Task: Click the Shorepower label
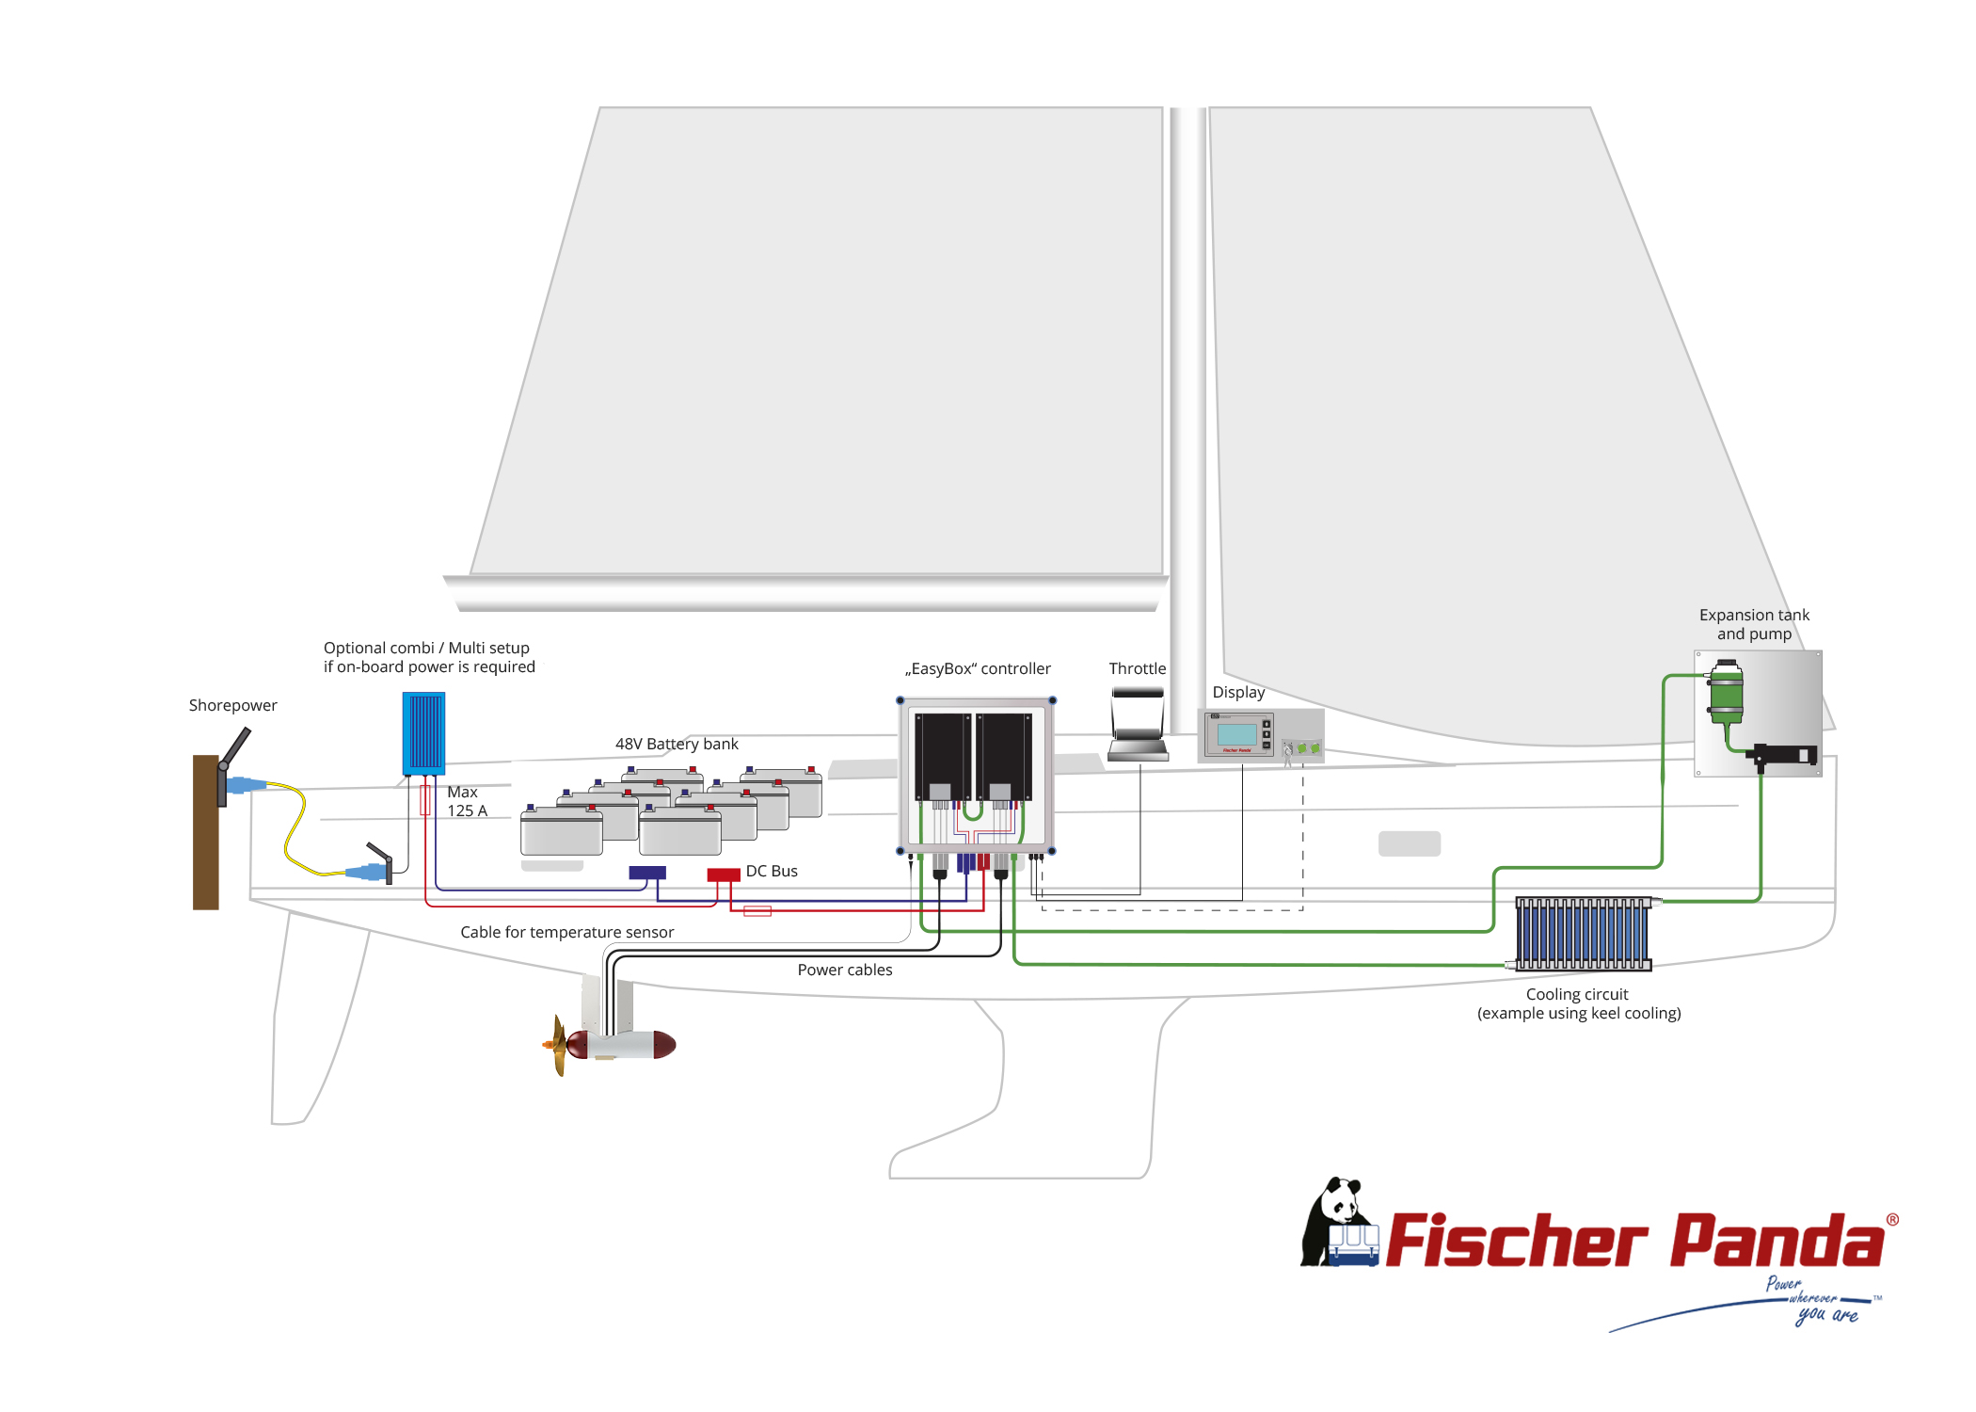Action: point(232,705)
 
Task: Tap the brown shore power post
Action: point(205,832)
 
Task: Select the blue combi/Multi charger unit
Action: point(423,733)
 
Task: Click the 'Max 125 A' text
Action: point(467,801)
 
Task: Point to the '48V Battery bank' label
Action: point(677,744)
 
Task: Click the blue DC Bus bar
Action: point(647,873)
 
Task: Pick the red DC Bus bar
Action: point(724,874)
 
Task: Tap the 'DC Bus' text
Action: point(772,871)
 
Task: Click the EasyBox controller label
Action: point(978,668)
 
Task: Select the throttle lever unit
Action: point(1138,724)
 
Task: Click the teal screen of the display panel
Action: point(1237,734)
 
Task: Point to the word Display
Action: point(1238,692)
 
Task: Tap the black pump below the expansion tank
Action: point(1781,755)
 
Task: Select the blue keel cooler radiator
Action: point(1583,933)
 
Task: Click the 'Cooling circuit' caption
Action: point(1577,994)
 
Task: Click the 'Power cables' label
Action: point(845,970)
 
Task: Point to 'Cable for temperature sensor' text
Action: point(566,932)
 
